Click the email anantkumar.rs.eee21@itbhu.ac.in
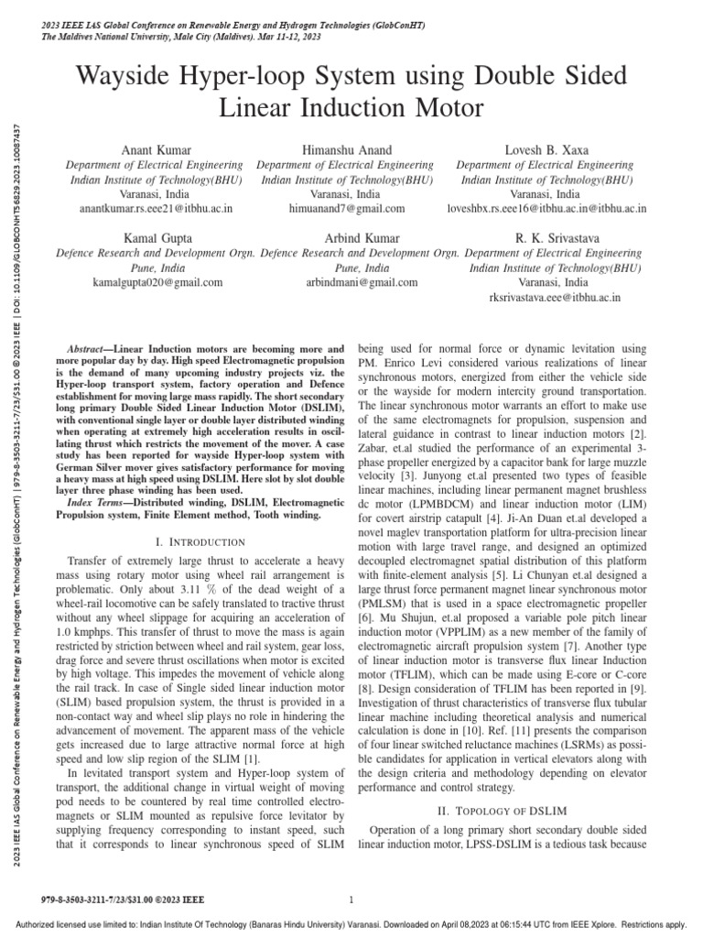[x=157, y=209]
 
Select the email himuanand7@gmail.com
[x=345, y=209]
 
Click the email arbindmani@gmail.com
[x=349, y=283]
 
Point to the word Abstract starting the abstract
[x=90, y=351]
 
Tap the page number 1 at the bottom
[x=351, y=900]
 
